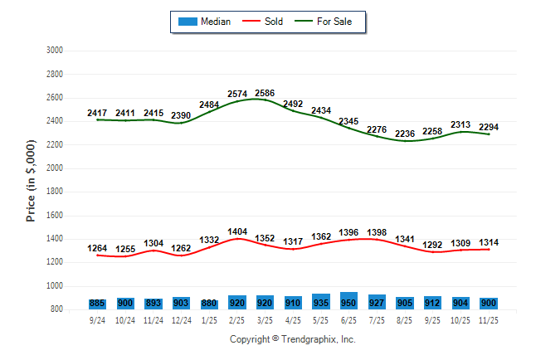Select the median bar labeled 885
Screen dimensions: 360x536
(97, 304)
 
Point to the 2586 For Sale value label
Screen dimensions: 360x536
(265, 93)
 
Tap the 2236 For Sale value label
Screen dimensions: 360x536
(406, 134)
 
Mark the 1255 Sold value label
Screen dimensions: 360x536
(125, 249)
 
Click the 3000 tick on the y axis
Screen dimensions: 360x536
(54, 51)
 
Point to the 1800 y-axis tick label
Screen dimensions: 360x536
(54, 192)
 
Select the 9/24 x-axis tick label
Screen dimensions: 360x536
(97, 319)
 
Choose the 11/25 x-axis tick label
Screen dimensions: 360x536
(490, 319)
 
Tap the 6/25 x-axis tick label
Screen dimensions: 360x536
(349, 319)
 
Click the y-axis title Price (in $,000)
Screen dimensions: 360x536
(31, 179)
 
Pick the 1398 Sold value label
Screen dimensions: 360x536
(378, 232)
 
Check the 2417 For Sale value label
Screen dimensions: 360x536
(97, 113)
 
